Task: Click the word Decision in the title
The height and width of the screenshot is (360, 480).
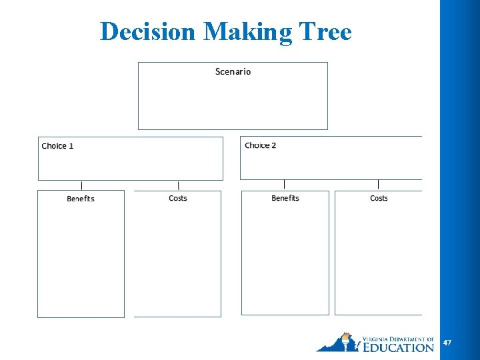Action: (148, 31)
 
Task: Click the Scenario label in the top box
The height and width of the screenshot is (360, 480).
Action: (233, 71)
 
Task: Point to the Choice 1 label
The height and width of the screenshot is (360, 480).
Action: (57, 146)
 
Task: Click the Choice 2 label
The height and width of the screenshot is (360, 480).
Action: (260, 145)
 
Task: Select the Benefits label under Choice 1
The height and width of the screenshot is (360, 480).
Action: (81, 199)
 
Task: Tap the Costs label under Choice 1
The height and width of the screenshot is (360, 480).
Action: (178, 198)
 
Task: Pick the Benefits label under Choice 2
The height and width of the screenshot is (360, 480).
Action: (285, 198)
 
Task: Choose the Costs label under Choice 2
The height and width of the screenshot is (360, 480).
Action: (379, 198)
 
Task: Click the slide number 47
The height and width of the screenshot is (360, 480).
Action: (447, 343)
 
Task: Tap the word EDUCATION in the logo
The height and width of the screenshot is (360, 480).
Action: (399, 347)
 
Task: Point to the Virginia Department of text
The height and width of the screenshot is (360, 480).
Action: (397, 339)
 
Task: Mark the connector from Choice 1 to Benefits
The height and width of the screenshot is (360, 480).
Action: (82, 185)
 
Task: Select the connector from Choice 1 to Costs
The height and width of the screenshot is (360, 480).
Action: (178, 185)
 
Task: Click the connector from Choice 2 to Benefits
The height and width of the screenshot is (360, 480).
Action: (285, 184)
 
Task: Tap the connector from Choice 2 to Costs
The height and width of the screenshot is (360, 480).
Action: (379, 184)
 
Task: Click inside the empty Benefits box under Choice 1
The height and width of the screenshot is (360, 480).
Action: (81, 260)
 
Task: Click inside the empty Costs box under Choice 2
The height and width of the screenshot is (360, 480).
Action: (379, 260)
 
